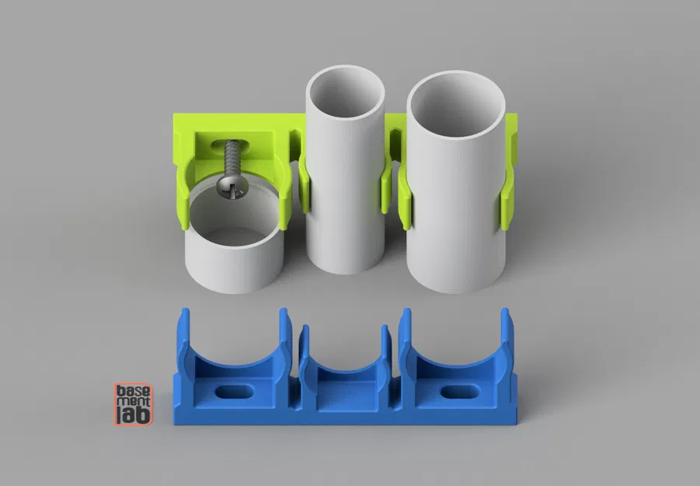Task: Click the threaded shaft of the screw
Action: click(x=232, y=159)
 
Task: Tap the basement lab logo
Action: click(x=134, y=404)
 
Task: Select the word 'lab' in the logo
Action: click(x=134, y=416)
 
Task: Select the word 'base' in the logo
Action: click(x=134, y=391)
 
